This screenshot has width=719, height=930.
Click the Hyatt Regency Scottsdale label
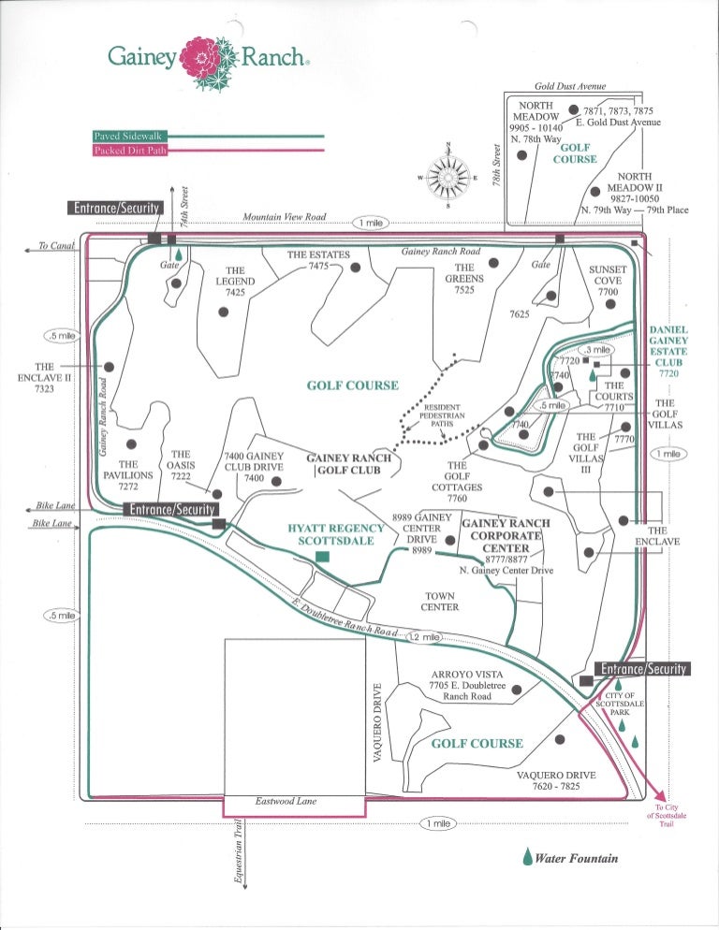click(x=336, y=534)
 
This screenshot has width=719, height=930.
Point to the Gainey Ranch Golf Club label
click(x=349, y=464)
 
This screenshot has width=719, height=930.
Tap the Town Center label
click(x=439, y=601)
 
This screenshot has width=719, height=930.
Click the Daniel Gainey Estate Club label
click(x=668, y=346)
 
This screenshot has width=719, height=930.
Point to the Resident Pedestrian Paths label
click(x=442, y=415)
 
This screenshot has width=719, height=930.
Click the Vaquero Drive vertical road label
click(x=378, y=721)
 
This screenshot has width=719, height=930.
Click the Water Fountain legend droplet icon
click(x=528, y=857)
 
